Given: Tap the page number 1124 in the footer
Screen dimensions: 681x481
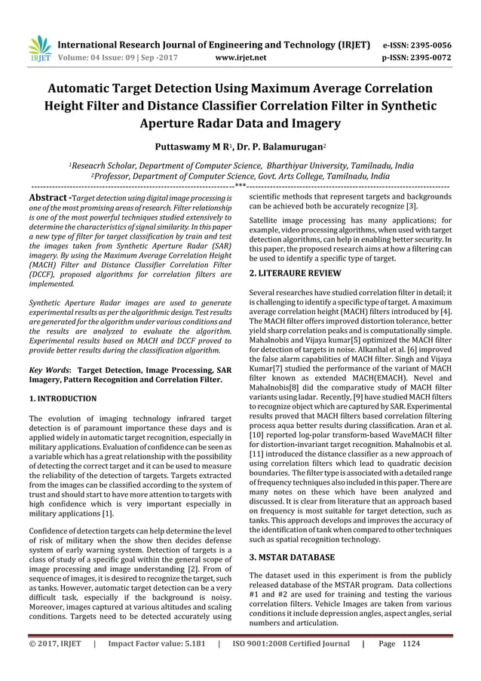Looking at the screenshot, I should coord(433,666).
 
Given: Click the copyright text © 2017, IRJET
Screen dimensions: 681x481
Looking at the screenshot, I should coord(49,666).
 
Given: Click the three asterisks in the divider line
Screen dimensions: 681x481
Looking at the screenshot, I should coord(240,185).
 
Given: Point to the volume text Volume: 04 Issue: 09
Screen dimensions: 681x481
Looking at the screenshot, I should coord(101,55).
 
